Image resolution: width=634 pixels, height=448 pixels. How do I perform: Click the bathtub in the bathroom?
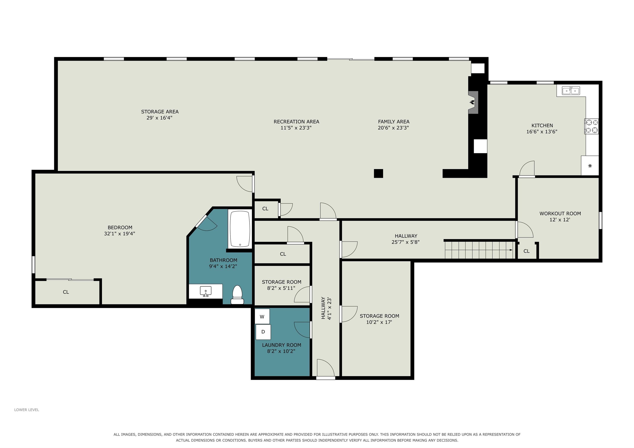pos(240,229)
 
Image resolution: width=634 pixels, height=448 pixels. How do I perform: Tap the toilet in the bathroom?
pos(237,295)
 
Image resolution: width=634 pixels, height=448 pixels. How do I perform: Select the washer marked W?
pos(262,317)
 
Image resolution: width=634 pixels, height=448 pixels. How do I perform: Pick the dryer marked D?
pos(263,332)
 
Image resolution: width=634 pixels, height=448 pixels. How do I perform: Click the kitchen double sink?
pos(571,90)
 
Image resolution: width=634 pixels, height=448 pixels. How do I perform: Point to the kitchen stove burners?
pos(591,126)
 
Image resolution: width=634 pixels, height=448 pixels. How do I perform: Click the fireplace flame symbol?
pos(472,102)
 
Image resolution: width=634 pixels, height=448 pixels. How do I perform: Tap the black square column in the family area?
pos(378,173)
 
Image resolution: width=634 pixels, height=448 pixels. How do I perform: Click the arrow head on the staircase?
pos(511,250)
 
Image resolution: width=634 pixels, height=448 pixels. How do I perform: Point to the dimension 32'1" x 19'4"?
pos(119,233)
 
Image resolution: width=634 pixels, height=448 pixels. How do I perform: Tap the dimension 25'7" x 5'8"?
pos(405,242)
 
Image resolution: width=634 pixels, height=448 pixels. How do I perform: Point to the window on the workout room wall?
pos(600,220)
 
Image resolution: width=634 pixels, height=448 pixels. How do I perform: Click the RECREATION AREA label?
pos(296,121)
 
